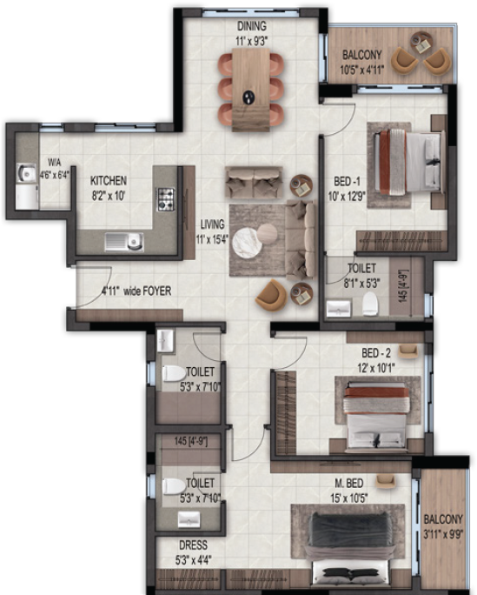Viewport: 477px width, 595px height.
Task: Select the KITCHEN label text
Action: point(109,181)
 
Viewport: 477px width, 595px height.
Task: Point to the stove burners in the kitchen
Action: point(164,199)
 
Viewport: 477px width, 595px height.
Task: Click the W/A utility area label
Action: point(55,163)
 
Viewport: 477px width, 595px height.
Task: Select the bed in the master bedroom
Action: point(349,545)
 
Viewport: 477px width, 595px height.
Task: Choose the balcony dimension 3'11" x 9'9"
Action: point(444,534)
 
